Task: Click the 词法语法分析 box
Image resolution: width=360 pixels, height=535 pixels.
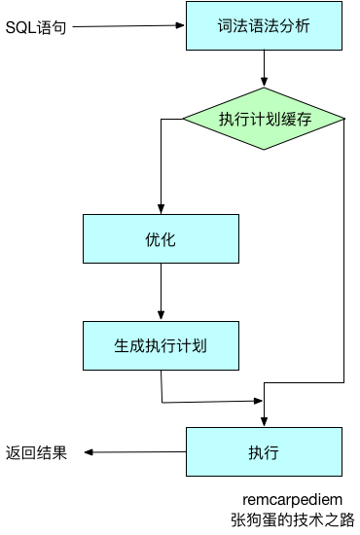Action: click(x=265, y=26)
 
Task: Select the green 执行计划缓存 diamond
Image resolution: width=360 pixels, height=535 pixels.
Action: click(x=265, y=120)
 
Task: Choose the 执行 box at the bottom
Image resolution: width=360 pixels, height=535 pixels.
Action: click(x=265, y=452)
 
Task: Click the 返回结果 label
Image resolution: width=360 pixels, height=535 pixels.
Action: click(x=36, y=452)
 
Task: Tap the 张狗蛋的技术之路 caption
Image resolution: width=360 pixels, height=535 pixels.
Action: click(x=293, y=519)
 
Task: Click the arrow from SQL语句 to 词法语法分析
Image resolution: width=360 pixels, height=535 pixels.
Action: click(x=126, y=26)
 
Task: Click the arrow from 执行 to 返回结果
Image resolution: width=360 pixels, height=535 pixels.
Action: click(x=136, y=452)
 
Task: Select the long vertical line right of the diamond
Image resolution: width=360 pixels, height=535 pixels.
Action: click(x=343, y=253)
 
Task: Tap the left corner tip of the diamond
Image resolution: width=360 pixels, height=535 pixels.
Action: click(x=185, y=120)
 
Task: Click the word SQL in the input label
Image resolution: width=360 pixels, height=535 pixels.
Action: click(x=18, y=26)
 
